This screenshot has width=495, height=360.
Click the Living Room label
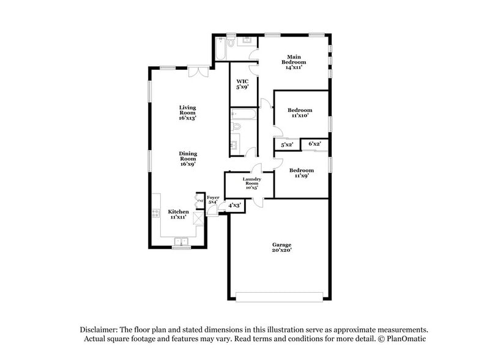point(187,112)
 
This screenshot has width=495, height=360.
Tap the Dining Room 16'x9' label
point(187,159)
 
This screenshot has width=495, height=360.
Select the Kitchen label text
point(178,214)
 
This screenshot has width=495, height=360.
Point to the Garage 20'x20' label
point(282,247)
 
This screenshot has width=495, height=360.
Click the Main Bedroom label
point(294,62)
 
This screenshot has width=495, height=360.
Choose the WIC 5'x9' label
point(242,84)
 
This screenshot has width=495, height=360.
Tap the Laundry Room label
point(252,183)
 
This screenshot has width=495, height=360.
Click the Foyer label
point(213,200)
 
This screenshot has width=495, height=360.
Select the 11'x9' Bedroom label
point(301,173)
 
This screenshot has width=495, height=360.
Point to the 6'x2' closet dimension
point(314,144)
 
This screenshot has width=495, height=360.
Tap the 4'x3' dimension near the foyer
point(234,206)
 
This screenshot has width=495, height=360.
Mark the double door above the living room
point(197,72)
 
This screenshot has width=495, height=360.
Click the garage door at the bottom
point(279,296)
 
